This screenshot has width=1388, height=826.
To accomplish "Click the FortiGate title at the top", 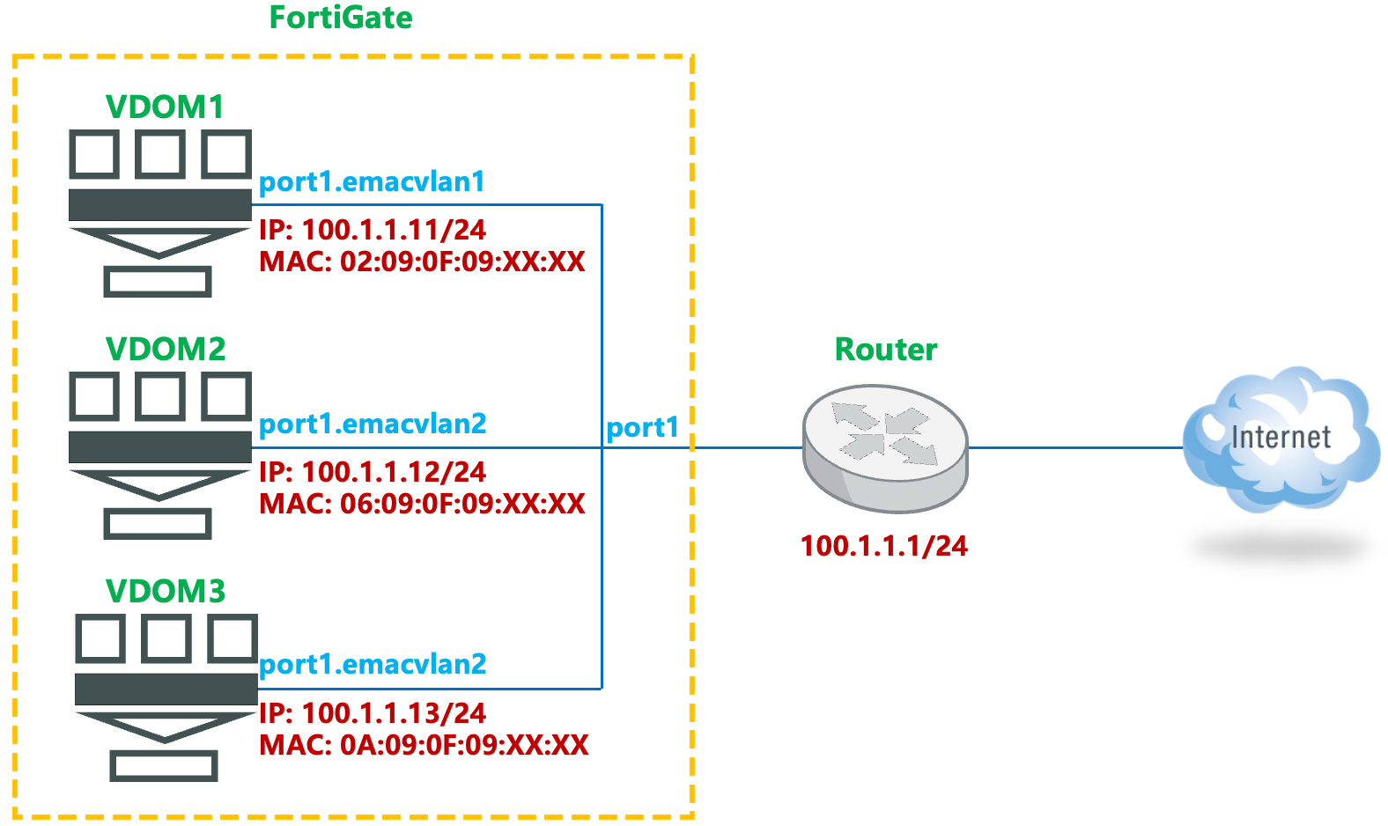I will click(341, 18).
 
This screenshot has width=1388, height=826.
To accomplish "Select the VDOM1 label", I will click(165, 107).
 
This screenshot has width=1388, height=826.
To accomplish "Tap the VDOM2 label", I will click(166, 349).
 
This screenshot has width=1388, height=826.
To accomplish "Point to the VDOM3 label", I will click(166, 591).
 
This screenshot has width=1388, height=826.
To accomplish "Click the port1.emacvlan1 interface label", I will click(372, 181).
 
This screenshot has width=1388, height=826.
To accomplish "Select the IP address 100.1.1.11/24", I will click(372, 230).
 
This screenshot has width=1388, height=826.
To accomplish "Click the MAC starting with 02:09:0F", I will click(422, 262).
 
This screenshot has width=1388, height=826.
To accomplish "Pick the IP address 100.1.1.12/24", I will click(372, 472).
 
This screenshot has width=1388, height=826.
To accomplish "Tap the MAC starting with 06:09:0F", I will click(422, 504).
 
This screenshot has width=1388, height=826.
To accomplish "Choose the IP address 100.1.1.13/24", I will click(372, 713).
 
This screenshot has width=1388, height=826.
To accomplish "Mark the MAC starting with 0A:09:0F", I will click(424, 745).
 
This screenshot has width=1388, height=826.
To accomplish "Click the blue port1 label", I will click(642, 427).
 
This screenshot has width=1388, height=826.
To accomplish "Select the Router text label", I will click(885, 350).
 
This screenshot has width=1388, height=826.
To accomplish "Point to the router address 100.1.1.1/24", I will click(883, 546).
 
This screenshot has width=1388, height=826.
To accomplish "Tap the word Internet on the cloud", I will click(1281, 437).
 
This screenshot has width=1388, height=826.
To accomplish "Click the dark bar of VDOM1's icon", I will click(160, 204).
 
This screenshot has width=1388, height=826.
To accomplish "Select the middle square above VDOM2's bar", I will click(160, 396).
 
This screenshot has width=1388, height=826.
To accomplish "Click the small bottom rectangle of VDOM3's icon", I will click(164, 765).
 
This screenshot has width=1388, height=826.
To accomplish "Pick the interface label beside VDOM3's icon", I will click(372, 664).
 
